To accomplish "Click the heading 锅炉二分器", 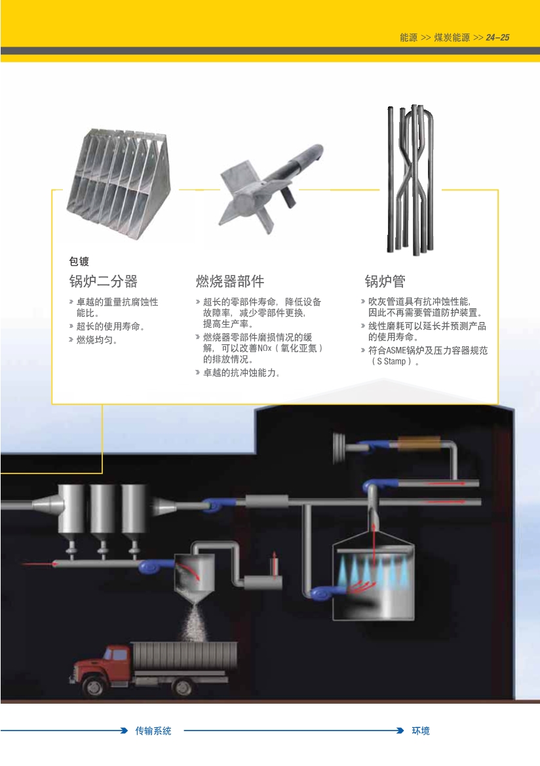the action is click(103, 281).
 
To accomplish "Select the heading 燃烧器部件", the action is click(230, 281).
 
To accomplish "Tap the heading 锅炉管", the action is click(385, 281).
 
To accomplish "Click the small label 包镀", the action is click(79, 262).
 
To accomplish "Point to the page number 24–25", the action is click(497, 37).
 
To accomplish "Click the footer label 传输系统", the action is click(153, 731).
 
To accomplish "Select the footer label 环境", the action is click(420, 731).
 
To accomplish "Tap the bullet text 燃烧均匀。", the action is click(97, 340).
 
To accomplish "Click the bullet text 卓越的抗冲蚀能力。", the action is click(242, 373).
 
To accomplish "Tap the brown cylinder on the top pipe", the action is click(412, 443).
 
